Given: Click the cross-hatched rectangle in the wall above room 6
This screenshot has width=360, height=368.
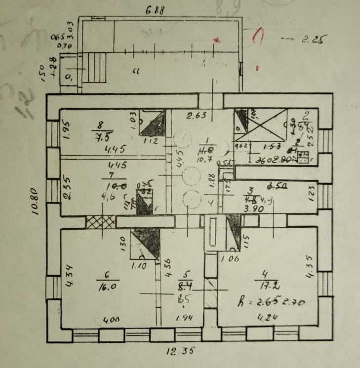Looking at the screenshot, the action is pos(100,222).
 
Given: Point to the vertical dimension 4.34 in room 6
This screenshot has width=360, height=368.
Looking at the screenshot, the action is pos(70,275).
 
